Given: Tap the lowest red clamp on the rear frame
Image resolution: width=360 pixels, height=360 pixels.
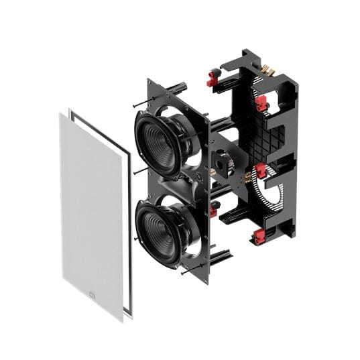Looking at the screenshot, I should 259,236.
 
